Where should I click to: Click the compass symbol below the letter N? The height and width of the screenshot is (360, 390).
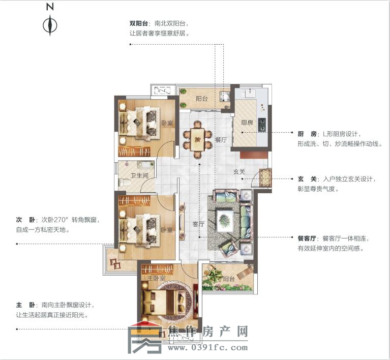pos(50,25)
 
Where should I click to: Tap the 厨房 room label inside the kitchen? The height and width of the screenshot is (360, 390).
pos(247,123)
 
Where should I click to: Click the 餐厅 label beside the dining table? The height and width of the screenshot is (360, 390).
pos(220,139)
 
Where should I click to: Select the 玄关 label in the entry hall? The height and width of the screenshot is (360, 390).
pos(239,172)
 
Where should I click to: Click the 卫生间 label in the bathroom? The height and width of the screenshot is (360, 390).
pos(139,176)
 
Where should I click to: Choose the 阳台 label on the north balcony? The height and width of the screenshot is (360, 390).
pos(201,99)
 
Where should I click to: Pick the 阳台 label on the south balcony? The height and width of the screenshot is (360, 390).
pos(228,279)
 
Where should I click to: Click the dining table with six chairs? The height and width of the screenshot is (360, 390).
pos(196,138)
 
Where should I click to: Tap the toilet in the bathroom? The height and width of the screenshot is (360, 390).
pos(123,182)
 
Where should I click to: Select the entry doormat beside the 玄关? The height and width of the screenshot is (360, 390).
pos(266,177)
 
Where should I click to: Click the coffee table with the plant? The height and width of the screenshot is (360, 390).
pos(224,220)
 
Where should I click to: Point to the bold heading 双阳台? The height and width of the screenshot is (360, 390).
pos(138,23)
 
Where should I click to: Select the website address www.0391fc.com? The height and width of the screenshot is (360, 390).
pos(207,348)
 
